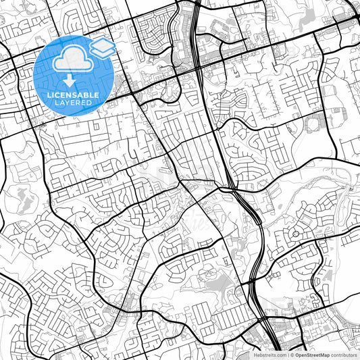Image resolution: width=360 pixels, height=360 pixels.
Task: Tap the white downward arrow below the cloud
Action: coord(70,80)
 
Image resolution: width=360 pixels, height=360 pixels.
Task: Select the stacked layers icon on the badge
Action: coord(103,47)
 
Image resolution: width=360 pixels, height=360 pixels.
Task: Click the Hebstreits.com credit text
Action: coord(269,354)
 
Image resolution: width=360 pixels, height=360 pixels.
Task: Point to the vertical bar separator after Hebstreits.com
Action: coord(288,354)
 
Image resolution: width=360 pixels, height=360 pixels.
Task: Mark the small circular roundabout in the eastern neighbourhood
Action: coord(296,234)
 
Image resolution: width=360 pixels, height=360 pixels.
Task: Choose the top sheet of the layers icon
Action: coord(103,43)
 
